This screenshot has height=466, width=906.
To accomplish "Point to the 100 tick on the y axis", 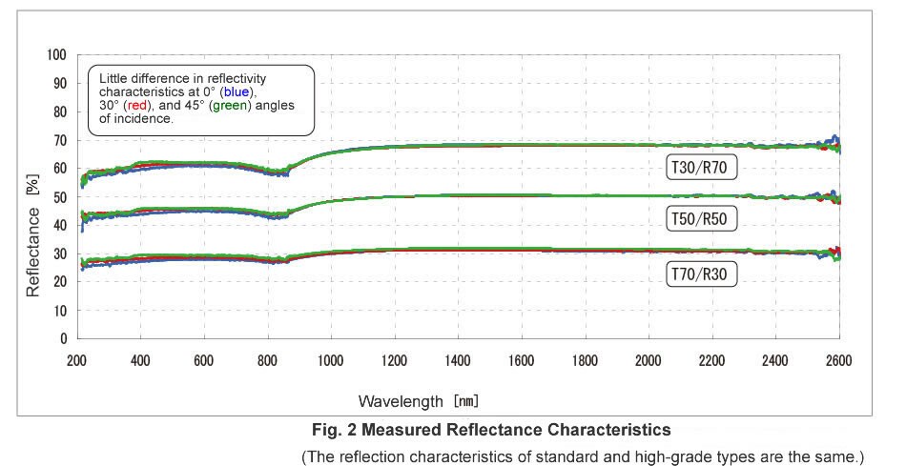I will [x=58, y=55].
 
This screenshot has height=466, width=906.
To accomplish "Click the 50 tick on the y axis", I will [x=61, y=197].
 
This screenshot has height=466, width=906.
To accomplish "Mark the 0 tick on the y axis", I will [x=64, y=339].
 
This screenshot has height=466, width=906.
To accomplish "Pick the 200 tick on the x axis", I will [x=77, y=360].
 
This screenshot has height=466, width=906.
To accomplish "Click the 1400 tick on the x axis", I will [x=459, y=360].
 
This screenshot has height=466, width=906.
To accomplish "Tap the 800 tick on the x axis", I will [x=268, y=360].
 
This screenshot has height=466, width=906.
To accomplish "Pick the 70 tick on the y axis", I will [x=61, y=140].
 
